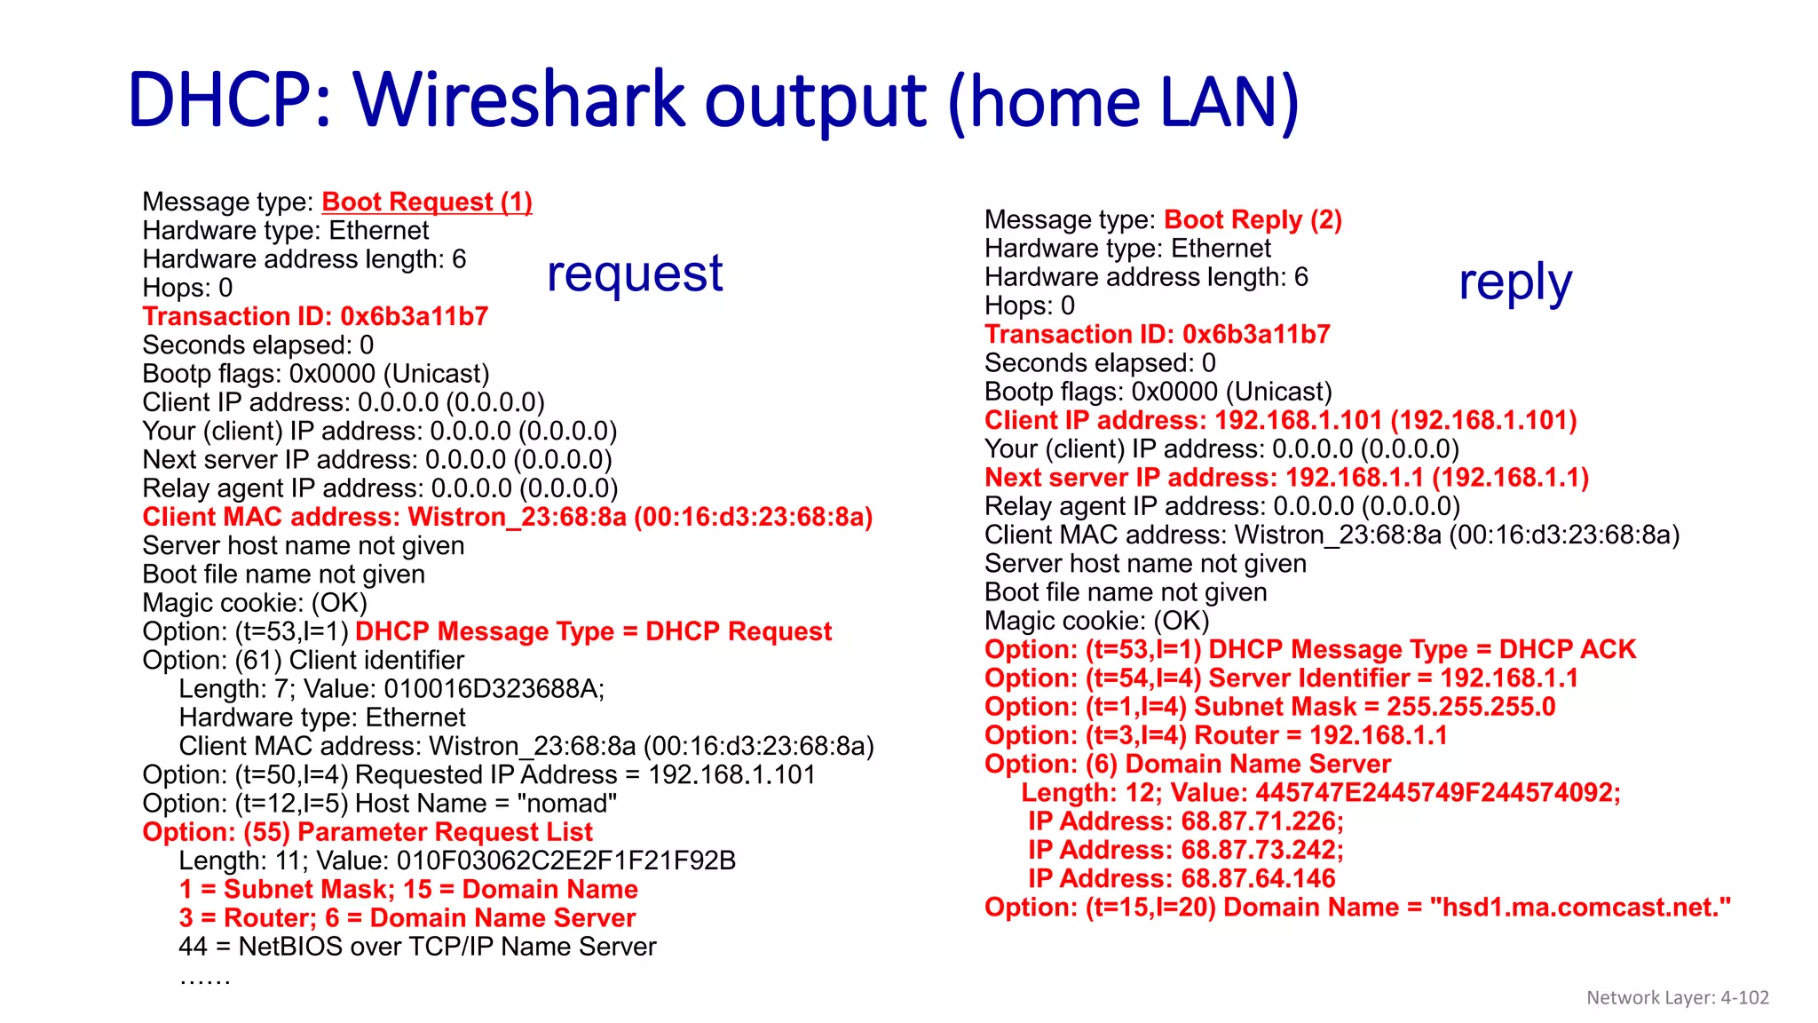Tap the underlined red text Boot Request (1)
pyautogui.click(x=426, y=202)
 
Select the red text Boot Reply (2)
pyautogui.click(x=1253, y=220)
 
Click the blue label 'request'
pyautogui.click(x=635, y=274)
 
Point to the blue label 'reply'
pyautogui.click(x=1515, y=283)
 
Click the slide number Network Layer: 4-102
pyautogui.click(x=1677, y=997)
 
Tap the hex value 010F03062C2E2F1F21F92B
pyautogui.click(x=565, y=860)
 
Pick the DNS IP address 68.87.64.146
pyautogui.click(x=1258, y=878)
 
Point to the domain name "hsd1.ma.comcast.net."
pyautogui.click(x=1580, y=908)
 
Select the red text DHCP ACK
pyautogui.click(x=1567, y=650)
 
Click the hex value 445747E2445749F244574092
pyautogui.click(x=1437, y=792)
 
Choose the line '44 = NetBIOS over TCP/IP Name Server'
pyautogui.click(x=417, y=947)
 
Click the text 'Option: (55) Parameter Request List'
pyautogui.click(x=368, y=832)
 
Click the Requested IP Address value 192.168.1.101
pyautogui.click(x=731, y=775)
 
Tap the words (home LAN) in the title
pyautogui.click(x=1123, y=101)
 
